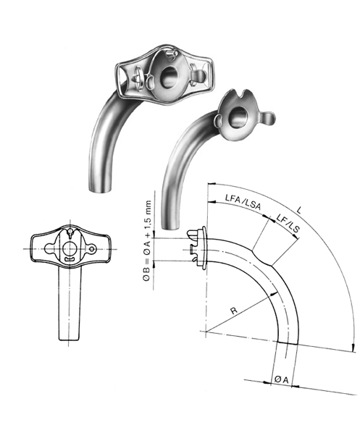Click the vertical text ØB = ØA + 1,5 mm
click(x=148, y=232)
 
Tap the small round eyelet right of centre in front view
click(x=93, y=250)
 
